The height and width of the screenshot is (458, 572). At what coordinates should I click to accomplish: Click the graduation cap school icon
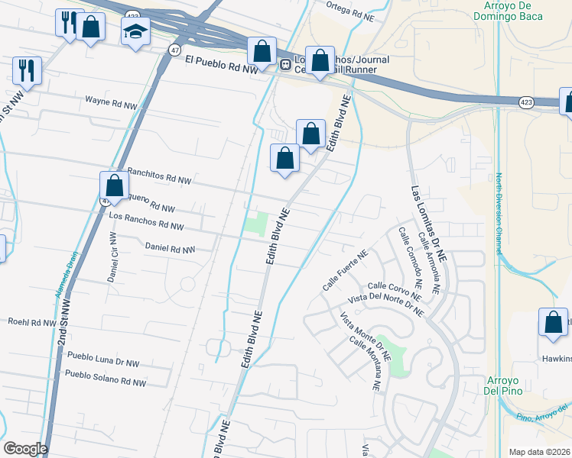(x=135, y=31)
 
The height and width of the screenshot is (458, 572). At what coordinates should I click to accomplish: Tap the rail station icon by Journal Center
(x=284, y=65)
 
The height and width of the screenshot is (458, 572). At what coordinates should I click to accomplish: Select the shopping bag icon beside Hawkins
(x=553, y=323)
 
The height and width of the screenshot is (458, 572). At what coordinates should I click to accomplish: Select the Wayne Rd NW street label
(x=112, y=100)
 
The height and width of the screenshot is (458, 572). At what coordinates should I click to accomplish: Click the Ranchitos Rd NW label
(x=159, y=176)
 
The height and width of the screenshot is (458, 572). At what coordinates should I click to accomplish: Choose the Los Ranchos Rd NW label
(x=147, y=221)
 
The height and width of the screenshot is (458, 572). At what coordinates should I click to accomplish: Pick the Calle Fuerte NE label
(x=345, y=271)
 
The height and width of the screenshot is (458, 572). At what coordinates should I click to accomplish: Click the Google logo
(x=25, y=449)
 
